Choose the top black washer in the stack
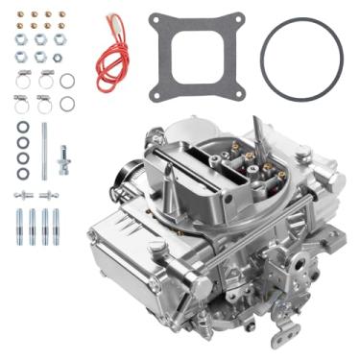23,127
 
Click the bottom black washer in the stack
23,174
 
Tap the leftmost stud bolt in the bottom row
18,228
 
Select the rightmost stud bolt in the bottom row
59,228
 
